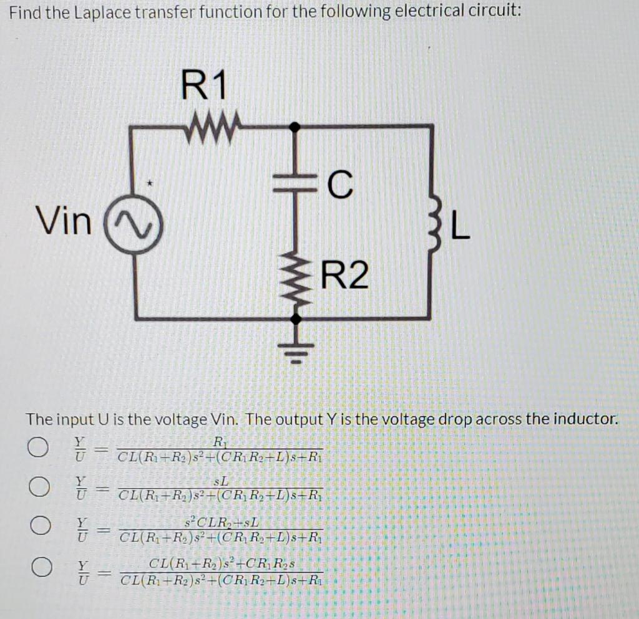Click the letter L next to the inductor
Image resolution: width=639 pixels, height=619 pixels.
tap(459, 228)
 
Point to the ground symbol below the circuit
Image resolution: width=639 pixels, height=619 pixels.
tap(296, 351)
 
